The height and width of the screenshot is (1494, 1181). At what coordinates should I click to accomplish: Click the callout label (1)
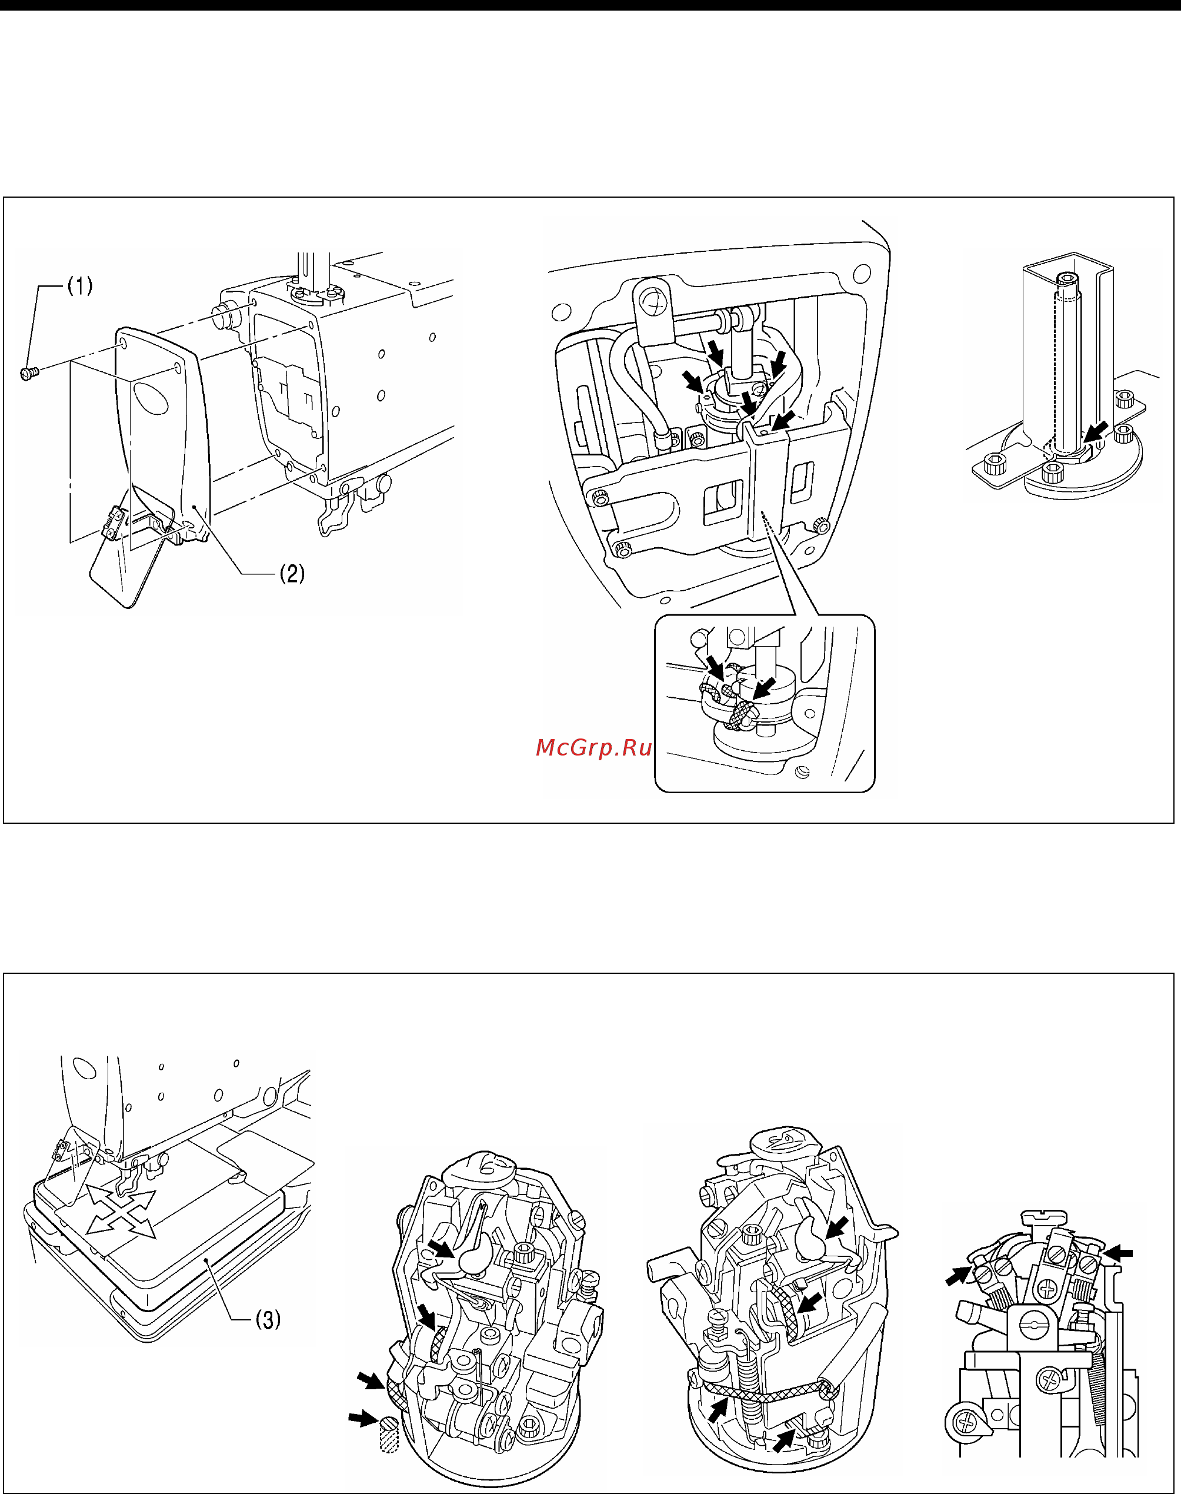[79, 285]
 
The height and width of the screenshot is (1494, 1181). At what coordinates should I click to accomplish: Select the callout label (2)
[292, 573]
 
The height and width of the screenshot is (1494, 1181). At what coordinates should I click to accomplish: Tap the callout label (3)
[268, 1320]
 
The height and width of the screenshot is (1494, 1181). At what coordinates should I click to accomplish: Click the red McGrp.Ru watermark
[593, 748]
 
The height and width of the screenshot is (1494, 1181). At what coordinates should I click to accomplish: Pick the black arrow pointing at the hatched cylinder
[362, 1419]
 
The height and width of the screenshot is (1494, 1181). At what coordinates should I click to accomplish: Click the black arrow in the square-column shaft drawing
[1095, 431]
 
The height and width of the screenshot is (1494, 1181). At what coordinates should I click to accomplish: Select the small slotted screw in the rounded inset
[802, 772]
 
